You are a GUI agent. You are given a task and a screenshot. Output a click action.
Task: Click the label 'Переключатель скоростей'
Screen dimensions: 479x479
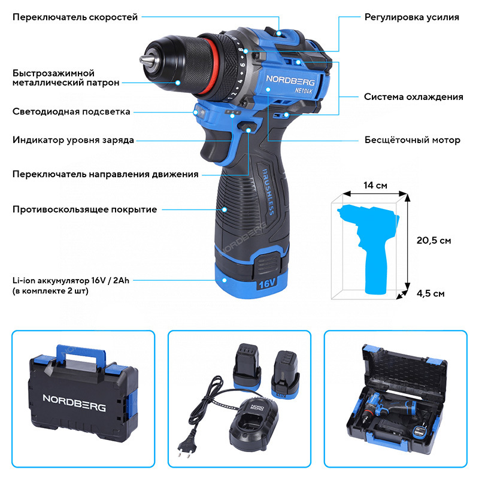click(75, 17)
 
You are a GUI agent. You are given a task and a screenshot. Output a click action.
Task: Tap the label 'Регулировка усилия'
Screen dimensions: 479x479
click(412, 17)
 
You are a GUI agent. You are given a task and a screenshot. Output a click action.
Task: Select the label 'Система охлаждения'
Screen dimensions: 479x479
click(414, 97)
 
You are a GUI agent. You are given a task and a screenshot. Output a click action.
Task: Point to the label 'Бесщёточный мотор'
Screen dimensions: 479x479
click(413, 140)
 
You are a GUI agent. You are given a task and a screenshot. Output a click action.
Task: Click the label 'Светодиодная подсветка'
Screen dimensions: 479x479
click(71, 112)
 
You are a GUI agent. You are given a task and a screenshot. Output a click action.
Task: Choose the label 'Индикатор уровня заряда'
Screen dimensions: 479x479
click(73, 140)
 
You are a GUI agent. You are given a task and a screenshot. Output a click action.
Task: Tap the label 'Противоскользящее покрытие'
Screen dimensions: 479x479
click(84, 210)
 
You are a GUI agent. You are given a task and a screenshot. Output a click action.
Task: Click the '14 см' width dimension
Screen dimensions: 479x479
click(375, 186)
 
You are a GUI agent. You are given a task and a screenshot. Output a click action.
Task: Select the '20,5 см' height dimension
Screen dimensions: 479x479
click(433, 241)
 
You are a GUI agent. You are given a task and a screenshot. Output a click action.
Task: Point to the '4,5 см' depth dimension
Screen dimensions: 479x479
click(431, 293)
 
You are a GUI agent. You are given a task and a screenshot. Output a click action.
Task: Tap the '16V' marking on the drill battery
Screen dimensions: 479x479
click(267, 284)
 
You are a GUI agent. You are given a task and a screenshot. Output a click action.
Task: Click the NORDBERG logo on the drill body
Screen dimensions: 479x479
click(290, 80)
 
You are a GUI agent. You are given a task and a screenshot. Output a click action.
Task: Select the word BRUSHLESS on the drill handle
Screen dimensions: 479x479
click(268, 192)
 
